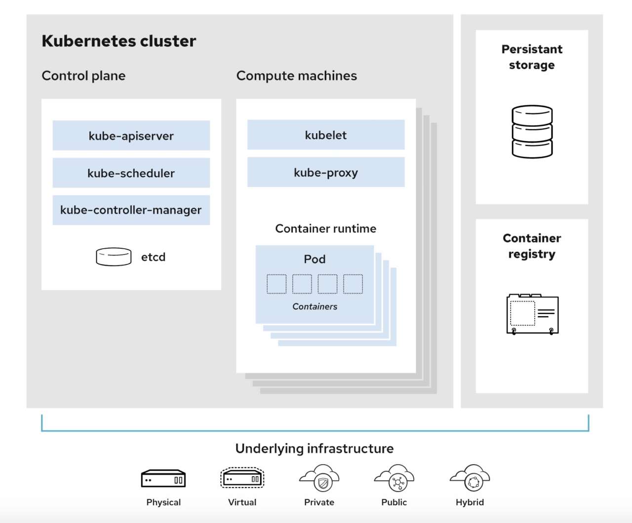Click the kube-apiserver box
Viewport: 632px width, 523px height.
click(131, 136)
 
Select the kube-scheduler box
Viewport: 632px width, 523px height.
click(131, 173)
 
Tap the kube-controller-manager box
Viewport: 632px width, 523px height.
click(131, 210)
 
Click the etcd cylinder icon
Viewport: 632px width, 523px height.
click(114, 257)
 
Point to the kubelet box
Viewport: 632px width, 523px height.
click(325, 135)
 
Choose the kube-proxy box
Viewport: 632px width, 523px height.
click(325, 172)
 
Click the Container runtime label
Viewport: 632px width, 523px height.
click(325, 228)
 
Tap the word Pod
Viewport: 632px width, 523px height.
click(315, 259)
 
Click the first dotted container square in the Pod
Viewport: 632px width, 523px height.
click(276, 284)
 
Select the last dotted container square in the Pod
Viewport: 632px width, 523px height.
click(353, 284)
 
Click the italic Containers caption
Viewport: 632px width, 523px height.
click(315, 306)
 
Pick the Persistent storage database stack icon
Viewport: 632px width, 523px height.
click(532, 132)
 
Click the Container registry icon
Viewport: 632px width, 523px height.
click(532, 314)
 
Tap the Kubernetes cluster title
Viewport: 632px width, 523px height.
click(118, 41)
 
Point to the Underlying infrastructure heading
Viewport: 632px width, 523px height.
click(315, 448)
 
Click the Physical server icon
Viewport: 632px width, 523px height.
click(163, 479)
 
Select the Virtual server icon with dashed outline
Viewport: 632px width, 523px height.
click(242, 478)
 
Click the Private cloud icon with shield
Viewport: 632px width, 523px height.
click(319, 478)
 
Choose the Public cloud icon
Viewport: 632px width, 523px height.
click(394, 478)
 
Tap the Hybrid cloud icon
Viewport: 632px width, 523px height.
click(470, 478)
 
